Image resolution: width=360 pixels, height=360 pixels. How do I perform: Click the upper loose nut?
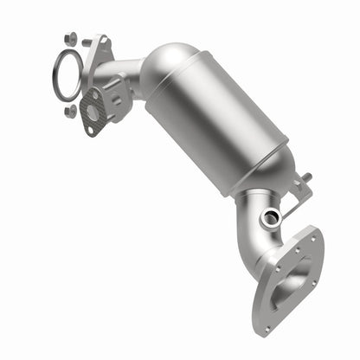click(70, 39)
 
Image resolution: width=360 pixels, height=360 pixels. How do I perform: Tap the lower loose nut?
click(70, 111)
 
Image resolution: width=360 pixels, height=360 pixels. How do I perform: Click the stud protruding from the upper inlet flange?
click(86, 42)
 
